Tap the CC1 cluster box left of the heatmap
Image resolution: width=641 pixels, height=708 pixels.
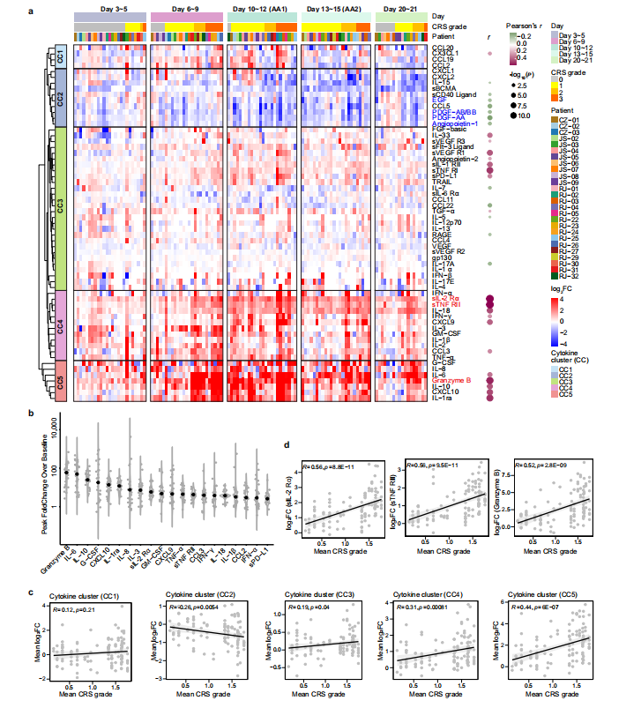click(x=60, y=56)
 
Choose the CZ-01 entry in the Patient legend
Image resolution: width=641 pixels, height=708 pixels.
click(x=570, y=117)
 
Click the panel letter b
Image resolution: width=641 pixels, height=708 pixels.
click(x=32, y=413)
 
